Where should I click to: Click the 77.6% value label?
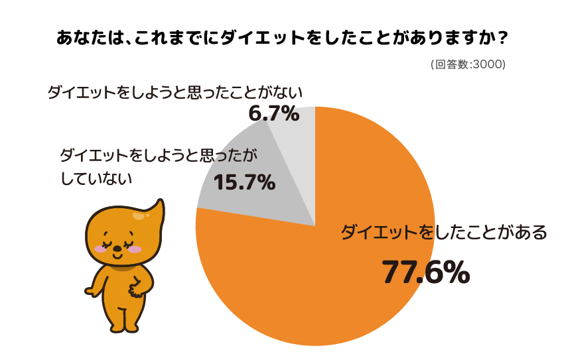tap(425, 272)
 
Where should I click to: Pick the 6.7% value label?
tap(273, 114)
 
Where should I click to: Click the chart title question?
tap(282, 38)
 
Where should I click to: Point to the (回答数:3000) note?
tap(468, 65)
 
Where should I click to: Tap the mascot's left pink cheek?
tap(101, 249)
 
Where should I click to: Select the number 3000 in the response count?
tap(488, 65)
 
